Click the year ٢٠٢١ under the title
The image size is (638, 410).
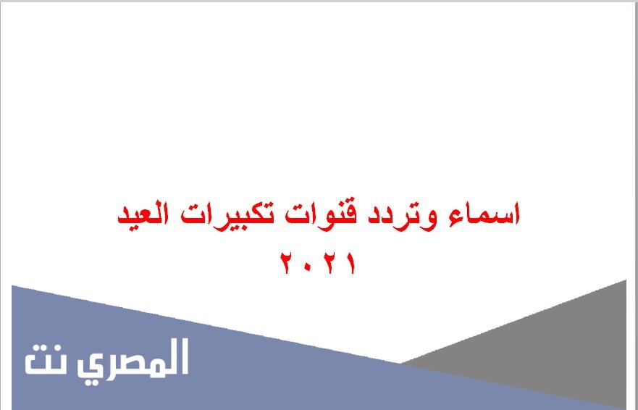click(x=318, y=263)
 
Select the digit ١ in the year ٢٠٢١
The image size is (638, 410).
click(x=351, y=264)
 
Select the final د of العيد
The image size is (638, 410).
click(x=123, y=218)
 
